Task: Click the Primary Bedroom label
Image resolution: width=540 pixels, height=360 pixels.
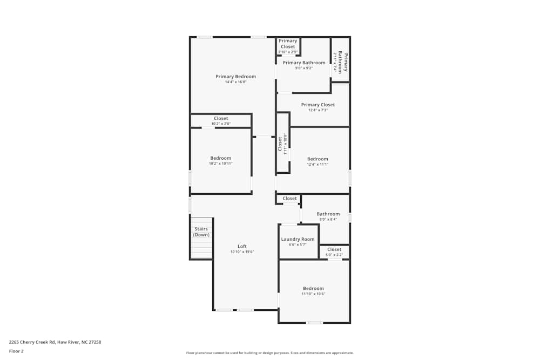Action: coord(235,77)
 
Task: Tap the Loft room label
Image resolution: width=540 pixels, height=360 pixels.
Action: coord(242,246)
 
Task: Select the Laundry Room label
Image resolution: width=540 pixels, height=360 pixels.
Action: coord(298,239)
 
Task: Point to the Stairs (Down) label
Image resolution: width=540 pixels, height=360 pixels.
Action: coord(201,232)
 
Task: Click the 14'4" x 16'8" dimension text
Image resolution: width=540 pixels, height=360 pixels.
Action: coord(235,82)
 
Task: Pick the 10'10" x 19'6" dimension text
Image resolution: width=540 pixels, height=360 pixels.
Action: coord(242,252)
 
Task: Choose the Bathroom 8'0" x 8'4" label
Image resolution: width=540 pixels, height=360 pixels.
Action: coord(328,214)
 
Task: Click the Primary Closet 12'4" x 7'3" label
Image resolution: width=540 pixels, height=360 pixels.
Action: coord(318,105)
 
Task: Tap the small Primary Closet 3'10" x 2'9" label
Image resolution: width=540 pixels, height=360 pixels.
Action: coord(288,44)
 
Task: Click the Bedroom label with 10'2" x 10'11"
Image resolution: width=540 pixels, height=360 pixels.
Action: coord(220,158)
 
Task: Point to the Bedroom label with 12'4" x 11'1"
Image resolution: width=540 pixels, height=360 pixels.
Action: coord(318,159)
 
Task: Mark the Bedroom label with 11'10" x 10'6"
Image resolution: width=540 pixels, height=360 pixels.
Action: coord(313,288)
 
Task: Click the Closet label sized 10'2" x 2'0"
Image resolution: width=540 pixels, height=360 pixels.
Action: coord(220,118)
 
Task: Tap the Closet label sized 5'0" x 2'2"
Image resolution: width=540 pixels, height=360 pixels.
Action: coord(334,249)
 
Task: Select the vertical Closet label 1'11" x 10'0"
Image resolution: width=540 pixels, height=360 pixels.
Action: coord(280,144)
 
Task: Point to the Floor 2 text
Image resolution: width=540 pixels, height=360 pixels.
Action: coord(16,351)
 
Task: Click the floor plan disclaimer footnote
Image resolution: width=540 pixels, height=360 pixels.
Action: coord(269,353)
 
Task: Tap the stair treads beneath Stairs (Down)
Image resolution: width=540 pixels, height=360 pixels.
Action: coord(201,249)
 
